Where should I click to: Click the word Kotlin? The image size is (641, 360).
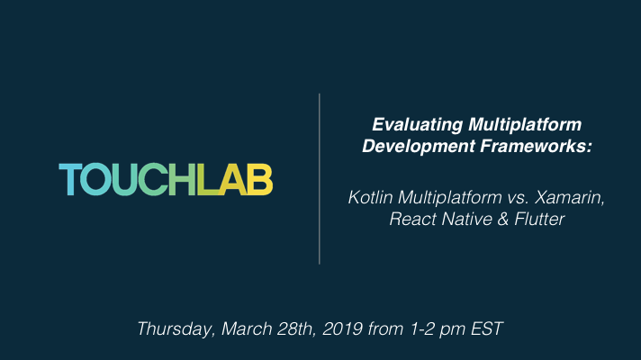pos(370,197)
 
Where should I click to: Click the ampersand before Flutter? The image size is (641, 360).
pos(503,219)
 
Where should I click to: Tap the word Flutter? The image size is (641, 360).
pos(539,219)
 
